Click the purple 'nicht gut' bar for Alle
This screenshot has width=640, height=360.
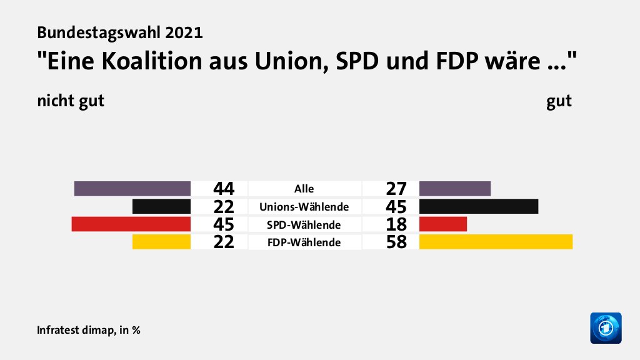[x=132, y=188]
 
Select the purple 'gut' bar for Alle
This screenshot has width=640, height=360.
[x=455, y=188]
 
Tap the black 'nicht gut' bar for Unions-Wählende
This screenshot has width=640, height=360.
[x=161, y=206]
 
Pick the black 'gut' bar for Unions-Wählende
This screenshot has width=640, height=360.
[x=479, y=206]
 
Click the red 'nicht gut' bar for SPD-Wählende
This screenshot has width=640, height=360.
[x=131, y=224]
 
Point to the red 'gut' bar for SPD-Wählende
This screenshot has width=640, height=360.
[x=443, y=224]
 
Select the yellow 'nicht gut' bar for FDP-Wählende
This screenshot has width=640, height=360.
[x=161, y=242]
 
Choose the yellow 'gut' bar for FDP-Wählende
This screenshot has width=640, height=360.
[x=496, y=242]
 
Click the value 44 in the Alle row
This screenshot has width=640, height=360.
[x=223, y=189]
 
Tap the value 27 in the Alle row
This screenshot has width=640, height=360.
[x=397, y=189]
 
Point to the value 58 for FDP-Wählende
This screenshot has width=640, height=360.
[x=397, y=242]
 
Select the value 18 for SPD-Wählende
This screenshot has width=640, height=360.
[x=397, y=224]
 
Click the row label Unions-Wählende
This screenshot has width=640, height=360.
[x=304, y=206]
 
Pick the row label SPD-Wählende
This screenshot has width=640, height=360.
[x=304, y=224]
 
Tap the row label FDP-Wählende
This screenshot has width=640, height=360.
[x=304, y=242]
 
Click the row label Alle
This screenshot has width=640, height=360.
[x=304, y=189]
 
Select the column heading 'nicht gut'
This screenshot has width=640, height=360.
[x=70, y=101]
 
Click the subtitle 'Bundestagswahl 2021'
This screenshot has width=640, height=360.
[x=119, y=32]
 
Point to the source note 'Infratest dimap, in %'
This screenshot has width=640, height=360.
[x=88, y=330]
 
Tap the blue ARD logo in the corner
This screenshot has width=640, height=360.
[x=606, y=327]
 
